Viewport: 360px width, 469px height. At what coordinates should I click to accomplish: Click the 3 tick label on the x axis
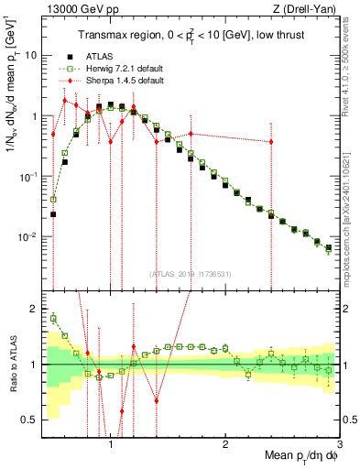pos(338,445)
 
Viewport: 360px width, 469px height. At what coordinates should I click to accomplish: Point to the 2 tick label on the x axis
pos(225,445)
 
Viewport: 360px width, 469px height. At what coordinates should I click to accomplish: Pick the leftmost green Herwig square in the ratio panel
pos(53,318)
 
